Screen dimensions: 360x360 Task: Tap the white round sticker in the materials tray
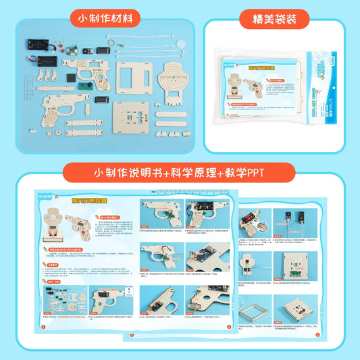tap(180, 49)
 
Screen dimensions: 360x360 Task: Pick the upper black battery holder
tap(39, 45)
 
